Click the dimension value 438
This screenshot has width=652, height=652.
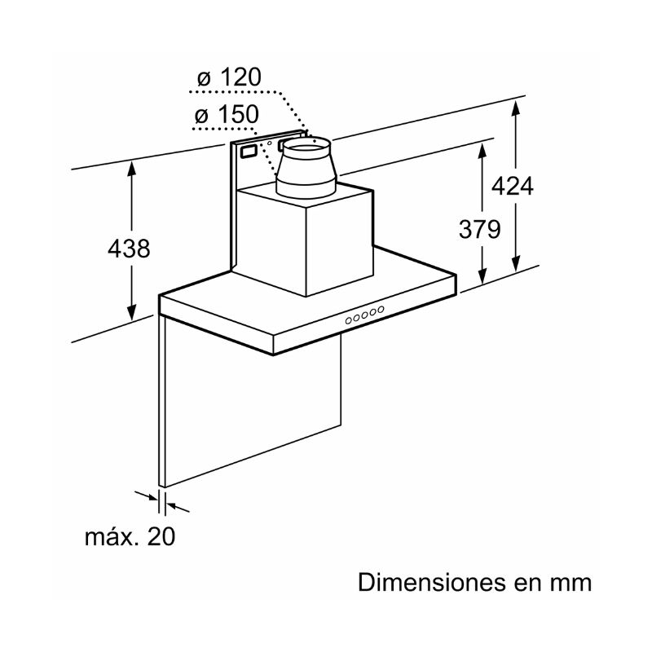pos(129,249)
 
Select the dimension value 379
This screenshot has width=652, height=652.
pos(479,229)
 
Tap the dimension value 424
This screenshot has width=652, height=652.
pos(513,186)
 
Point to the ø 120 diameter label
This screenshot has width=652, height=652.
pos(229,77)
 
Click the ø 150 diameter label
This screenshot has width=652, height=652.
pos(227,114)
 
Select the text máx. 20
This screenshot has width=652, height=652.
pos(130,536)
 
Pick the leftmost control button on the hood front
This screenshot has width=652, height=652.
pos(349,320)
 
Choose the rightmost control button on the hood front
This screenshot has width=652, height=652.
pos(380,310)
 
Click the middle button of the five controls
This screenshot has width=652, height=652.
pos(364,315)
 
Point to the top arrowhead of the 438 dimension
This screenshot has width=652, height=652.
pos(131,168)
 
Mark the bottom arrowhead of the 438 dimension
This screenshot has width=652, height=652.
pos(131,313)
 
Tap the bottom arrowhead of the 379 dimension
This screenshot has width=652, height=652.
pos(482,277)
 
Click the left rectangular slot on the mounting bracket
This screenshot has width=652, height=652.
pos(249,151)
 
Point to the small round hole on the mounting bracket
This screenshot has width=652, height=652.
pos(269,143)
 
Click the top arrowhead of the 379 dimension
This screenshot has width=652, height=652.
pos(482,151)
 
